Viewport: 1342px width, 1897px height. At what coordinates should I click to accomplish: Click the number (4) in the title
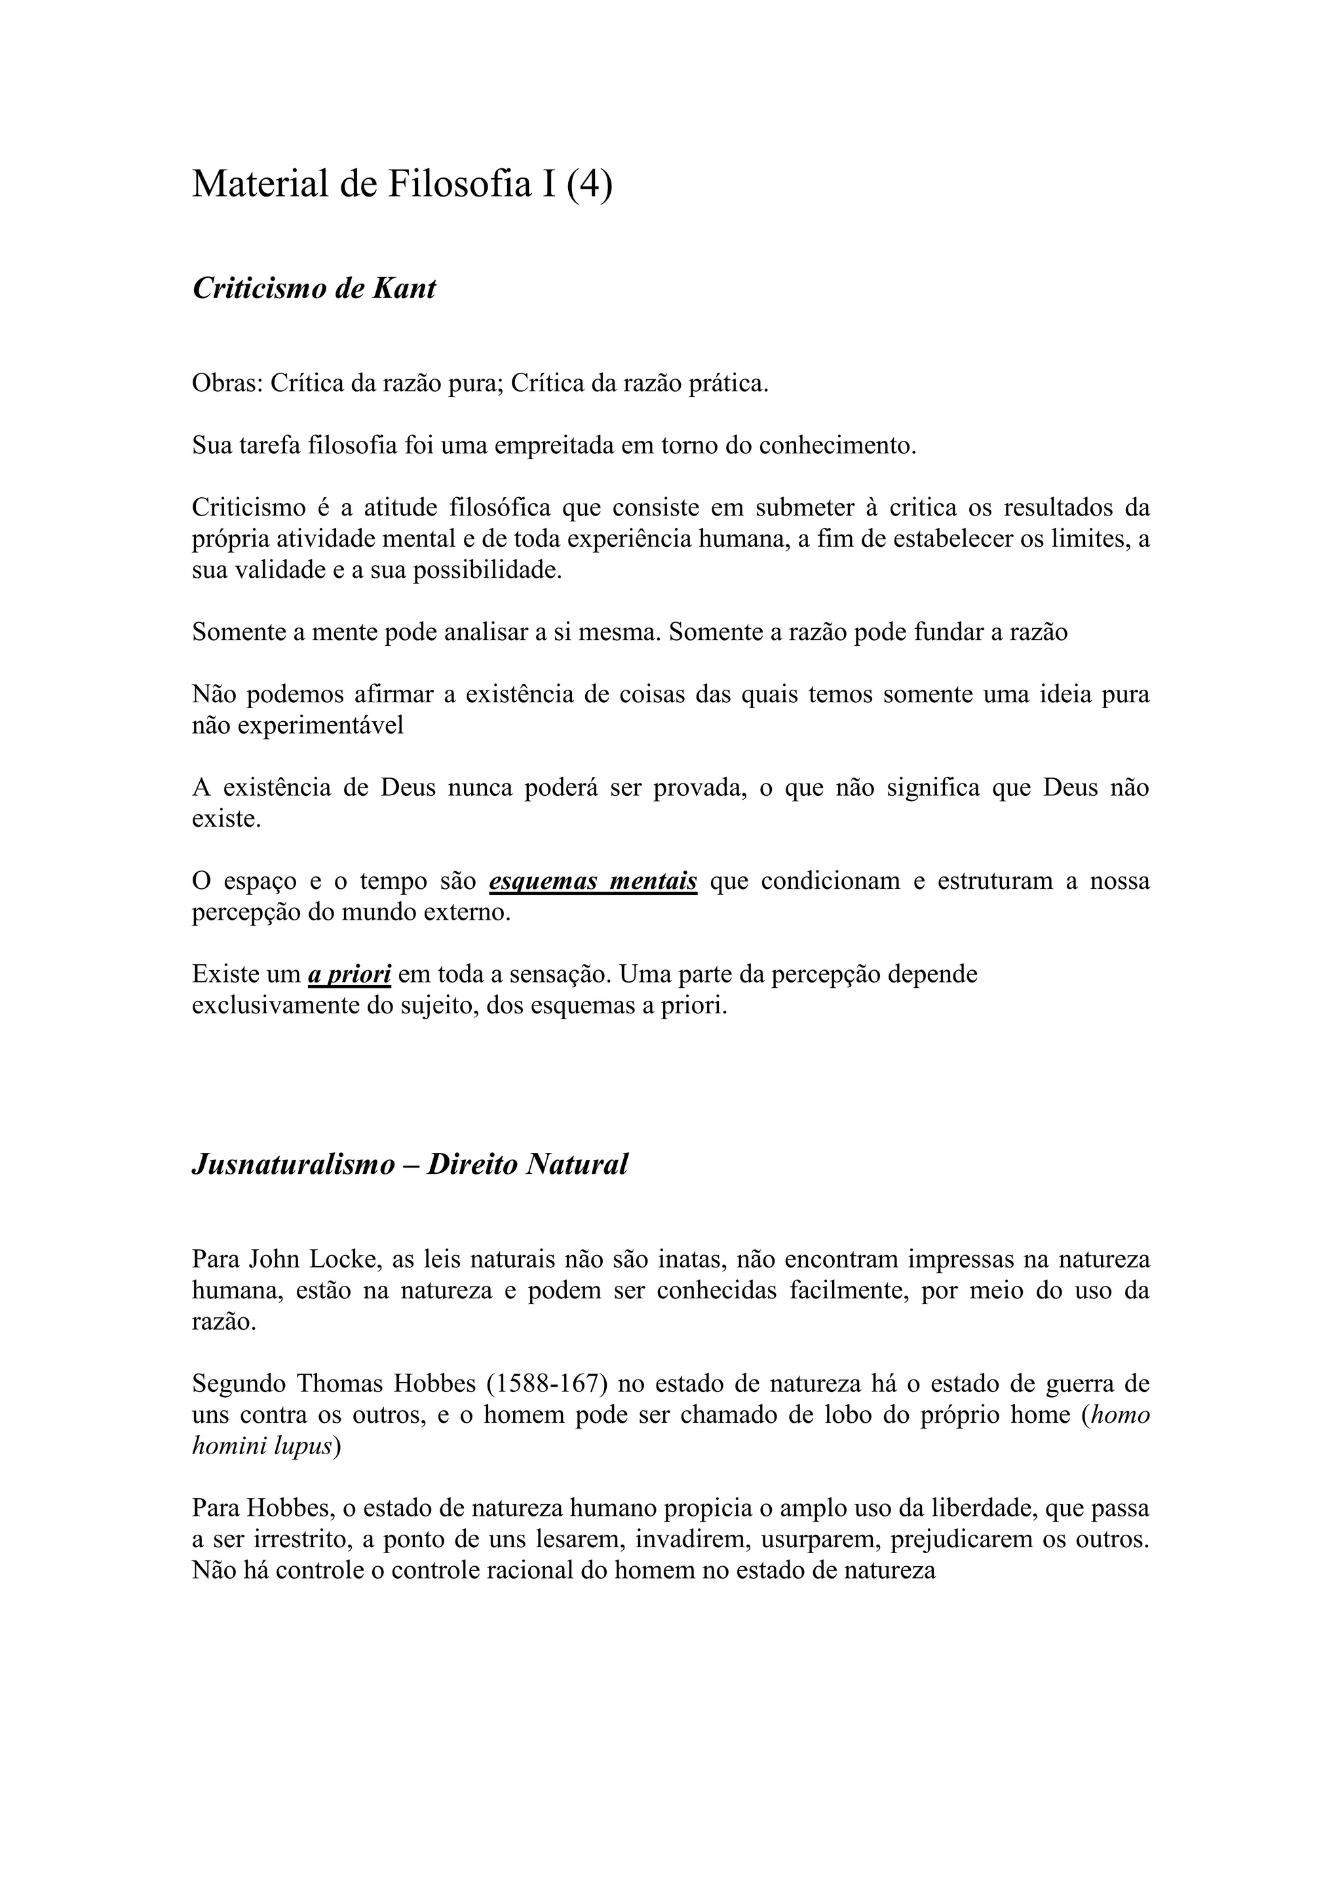click(x=589, y=183)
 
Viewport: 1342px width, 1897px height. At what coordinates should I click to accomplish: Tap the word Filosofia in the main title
click(x=459, y=183)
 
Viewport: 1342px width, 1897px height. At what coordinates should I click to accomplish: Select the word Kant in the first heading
click(x=404, y=288)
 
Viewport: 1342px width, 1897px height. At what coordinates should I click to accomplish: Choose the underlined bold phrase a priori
click(x=349, y=974)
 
